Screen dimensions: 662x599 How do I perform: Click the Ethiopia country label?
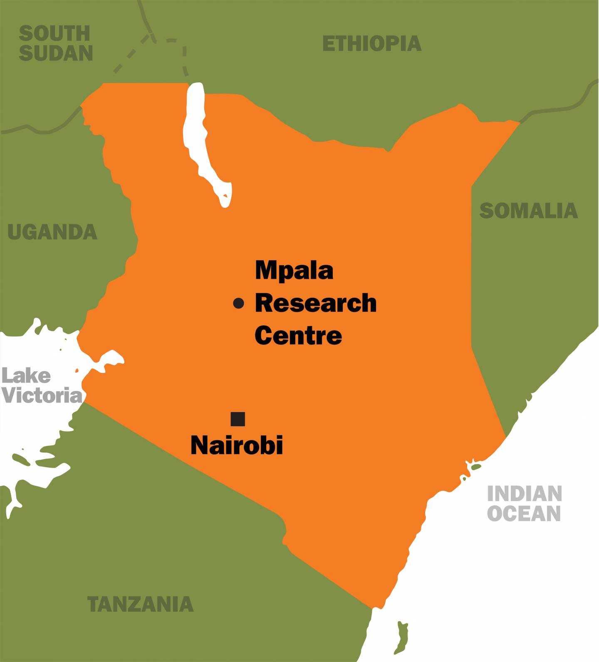pyautogui.click(x=372, y=44)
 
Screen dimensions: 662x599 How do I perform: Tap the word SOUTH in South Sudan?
pyautogui.click(x=54, y=33)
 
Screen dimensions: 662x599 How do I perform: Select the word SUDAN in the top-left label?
pyautogui.click(x=56, y=53)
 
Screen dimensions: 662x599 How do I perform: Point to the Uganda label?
pyautogui.click(x=52, y=232)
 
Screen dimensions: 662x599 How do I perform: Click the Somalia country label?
pyautogui.click(x=528, y=211)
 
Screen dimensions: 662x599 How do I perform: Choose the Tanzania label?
pyautogui.click(x=140, y=604)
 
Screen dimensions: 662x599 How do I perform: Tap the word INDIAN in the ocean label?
pyautogui.click(x=525, y=494)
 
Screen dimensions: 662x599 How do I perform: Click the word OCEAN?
pyautogui.click(x=524, y=513)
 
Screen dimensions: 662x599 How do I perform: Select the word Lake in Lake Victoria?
pyautogui.click(x=26, y=376)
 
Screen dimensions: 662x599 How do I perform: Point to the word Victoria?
pyautogui.click(x=42, y=395)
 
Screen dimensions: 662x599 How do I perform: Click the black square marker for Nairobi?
pyautogui.click(x=238, y=419)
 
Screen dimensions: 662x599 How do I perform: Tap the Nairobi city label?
pyautogui.click(x=237, y=445)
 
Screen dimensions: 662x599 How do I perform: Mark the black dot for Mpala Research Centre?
pyautogui.click(x=238, y=304)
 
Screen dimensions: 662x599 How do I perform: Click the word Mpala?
pyautogui.click(x=294, y=271)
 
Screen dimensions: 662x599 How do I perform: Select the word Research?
pyautogui.click(x=315, y=303)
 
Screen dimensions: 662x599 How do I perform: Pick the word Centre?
pyautogui.click(x=298, y=335)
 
